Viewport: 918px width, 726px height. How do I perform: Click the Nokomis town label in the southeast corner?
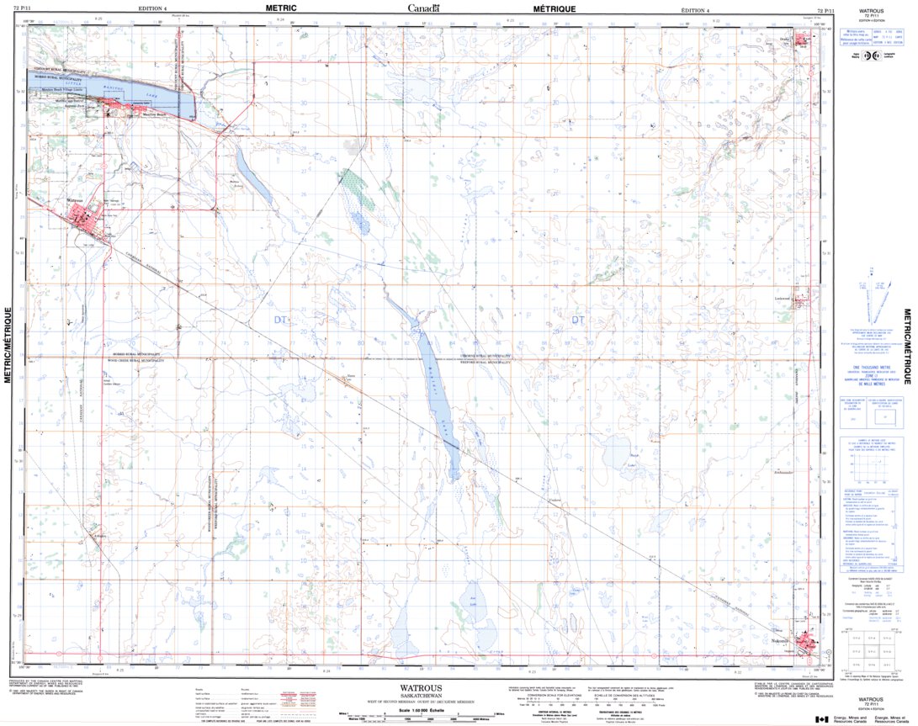(x=783, y=642)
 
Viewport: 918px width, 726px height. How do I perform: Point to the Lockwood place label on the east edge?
(x=784, y=298)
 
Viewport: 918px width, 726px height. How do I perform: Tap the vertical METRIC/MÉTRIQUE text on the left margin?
(x=8, y=345)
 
